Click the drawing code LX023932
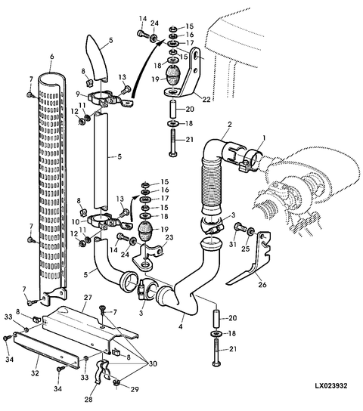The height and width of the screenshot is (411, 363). tap(331, 385)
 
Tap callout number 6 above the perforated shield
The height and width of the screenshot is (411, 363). tap(51, 57)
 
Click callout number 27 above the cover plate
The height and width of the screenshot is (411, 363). tap(88, 298)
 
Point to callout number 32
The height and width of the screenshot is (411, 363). tap(35, 373)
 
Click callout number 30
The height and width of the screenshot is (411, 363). tap(153, 363)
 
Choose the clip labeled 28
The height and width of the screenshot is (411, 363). tap(102, 372)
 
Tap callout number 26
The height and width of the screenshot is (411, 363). tap(262, 284)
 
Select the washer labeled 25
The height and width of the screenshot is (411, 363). tap(251, 231)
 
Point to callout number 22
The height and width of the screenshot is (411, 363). tap(206, 99)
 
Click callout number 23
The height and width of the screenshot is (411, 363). tap(169, 237)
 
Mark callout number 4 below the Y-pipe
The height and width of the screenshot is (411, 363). tap(181, 326)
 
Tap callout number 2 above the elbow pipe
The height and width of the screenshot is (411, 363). tap(230, 124)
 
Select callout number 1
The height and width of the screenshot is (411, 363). tap(264, 138)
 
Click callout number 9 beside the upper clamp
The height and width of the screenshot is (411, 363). tap(78, 94)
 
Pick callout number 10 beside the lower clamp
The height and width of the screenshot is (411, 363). tap(76, 222)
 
